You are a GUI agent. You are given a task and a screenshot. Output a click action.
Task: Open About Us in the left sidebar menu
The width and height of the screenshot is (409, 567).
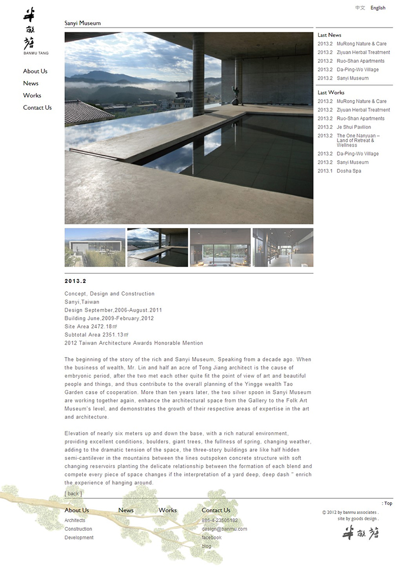[35, 71]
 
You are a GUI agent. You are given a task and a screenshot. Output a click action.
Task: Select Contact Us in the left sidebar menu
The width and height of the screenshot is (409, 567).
[37, 108]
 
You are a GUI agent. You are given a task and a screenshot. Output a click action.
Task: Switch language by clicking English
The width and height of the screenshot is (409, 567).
[378, 8]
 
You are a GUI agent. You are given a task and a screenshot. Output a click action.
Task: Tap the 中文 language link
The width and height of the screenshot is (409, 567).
[360, 8]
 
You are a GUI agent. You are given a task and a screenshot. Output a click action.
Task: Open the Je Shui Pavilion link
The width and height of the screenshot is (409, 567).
[354, 127]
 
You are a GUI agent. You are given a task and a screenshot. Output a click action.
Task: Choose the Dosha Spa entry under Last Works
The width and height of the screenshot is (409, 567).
[349, 171]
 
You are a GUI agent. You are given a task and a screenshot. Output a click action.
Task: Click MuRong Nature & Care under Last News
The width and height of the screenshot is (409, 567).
[361, 44]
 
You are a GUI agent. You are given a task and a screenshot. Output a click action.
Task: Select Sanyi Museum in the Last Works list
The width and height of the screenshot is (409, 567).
[352, 162]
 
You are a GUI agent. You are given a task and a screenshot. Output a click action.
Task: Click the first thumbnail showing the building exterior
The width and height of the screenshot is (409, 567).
[95, 247]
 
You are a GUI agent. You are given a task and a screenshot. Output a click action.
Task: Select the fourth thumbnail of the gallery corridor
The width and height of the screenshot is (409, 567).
[283, 247]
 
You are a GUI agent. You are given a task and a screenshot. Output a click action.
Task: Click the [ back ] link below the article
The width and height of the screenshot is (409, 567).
[74, 493]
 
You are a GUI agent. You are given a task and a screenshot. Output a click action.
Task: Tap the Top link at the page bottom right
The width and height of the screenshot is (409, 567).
[388, 504]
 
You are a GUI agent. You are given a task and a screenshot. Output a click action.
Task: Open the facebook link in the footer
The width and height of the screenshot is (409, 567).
[211, 538]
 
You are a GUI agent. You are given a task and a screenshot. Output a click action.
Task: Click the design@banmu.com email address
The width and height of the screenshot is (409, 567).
[224, 529]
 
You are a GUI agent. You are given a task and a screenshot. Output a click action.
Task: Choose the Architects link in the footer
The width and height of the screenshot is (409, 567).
[75, 520]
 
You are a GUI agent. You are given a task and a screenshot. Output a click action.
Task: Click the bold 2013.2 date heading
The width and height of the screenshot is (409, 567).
[75, 281]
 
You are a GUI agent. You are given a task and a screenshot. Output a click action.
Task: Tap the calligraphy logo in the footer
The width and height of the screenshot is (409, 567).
[360, 533]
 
